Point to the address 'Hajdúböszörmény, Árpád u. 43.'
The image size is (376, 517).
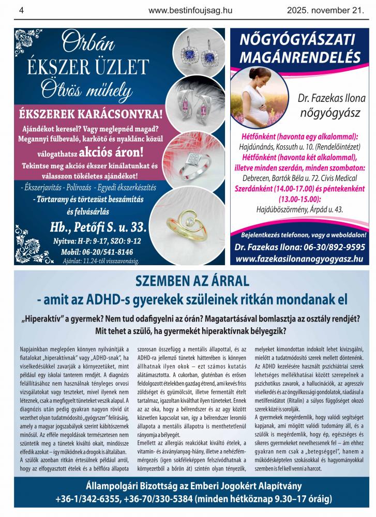(299, 209)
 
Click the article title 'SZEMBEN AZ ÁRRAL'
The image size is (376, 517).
(192, 282)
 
